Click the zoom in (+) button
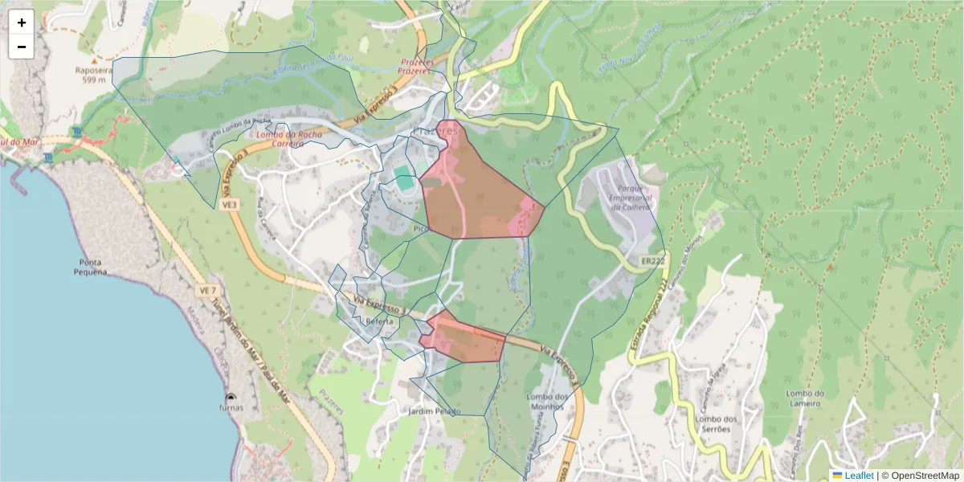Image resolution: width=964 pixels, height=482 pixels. pyautogui.click(x=22, y=22)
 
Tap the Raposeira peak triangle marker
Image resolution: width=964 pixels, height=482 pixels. pyautogui.click(x=94, y=59)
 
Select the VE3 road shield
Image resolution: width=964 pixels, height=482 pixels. pyautogui.click(x=230, y=206)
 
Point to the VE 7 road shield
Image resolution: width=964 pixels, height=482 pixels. pyautogui.click(x=208, y=288)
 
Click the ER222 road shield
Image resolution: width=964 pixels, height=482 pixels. pyautogui.click(x=653, y=262)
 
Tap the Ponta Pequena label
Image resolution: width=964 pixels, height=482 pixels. pyautogui.click(x=94, y=267)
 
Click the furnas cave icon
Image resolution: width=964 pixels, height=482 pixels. pyautogui.click(x=231, y=398)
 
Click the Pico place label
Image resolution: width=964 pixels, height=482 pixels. pyautogui.click(x=420, y=228)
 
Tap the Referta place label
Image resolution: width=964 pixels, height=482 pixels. pyautogui.click(x=380, y=321)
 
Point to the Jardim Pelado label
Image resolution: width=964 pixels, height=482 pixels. pyautogui.click(x=435, y=411)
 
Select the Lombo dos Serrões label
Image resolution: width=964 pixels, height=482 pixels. pyautogui.click(x=717, y=424)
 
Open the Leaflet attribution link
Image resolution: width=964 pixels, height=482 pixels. pyautogui.click(x=859, y=476)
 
